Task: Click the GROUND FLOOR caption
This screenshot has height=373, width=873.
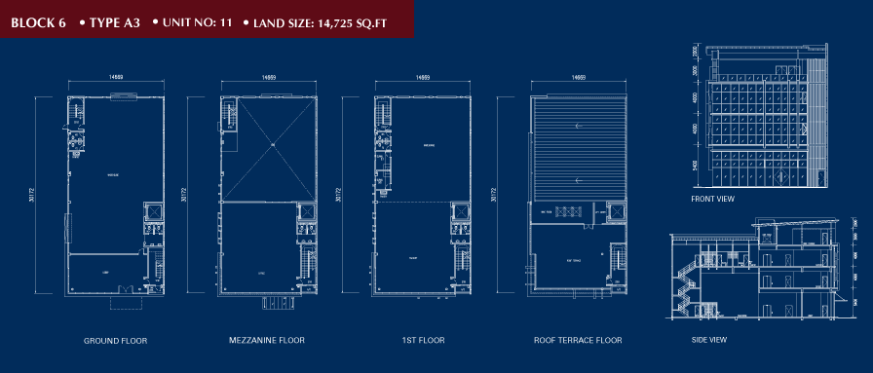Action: (x=115, y=341)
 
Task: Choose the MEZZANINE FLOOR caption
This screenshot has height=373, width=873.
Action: (x=266, y=341)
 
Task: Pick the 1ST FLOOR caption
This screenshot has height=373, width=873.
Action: (x=422, y=341)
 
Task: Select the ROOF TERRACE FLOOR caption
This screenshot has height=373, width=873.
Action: (x=578, y=341)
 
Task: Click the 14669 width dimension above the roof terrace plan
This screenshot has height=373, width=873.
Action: (x=578, y=76)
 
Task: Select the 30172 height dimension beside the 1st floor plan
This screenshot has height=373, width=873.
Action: (x=338, y=195)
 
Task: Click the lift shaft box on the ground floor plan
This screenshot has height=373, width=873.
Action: (x=153, y=212)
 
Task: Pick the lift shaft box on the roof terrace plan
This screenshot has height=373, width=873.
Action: (x=615, y=211)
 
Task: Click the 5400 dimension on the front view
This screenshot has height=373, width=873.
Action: (x=696, y=166)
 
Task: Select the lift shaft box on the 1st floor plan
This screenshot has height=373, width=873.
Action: (x=460, y=212)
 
